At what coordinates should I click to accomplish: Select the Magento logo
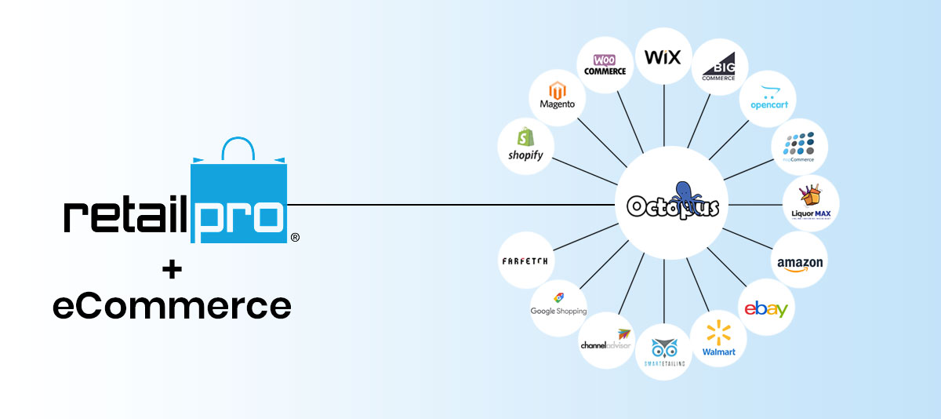(558, 96)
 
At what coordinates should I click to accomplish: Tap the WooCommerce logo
(605, 64)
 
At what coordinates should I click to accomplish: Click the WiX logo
(663, 56)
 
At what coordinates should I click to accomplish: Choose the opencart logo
(768, 97)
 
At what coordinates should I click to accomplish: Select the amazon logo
(800, 261)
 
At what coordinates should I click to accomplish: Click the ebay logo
(766, 309)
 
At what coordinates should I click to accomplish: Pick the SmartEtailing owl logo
(663, 350)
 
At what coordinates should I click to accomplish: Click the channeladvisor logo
(605, 340)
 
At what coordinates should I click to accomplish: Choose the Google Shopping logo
(558, 306)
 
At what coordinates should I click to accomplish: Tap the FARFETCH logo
(525, 261)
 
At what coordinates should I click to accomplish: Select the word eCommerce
(172, 305)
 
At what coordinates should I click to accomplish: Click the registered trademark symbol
(295, 237)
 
